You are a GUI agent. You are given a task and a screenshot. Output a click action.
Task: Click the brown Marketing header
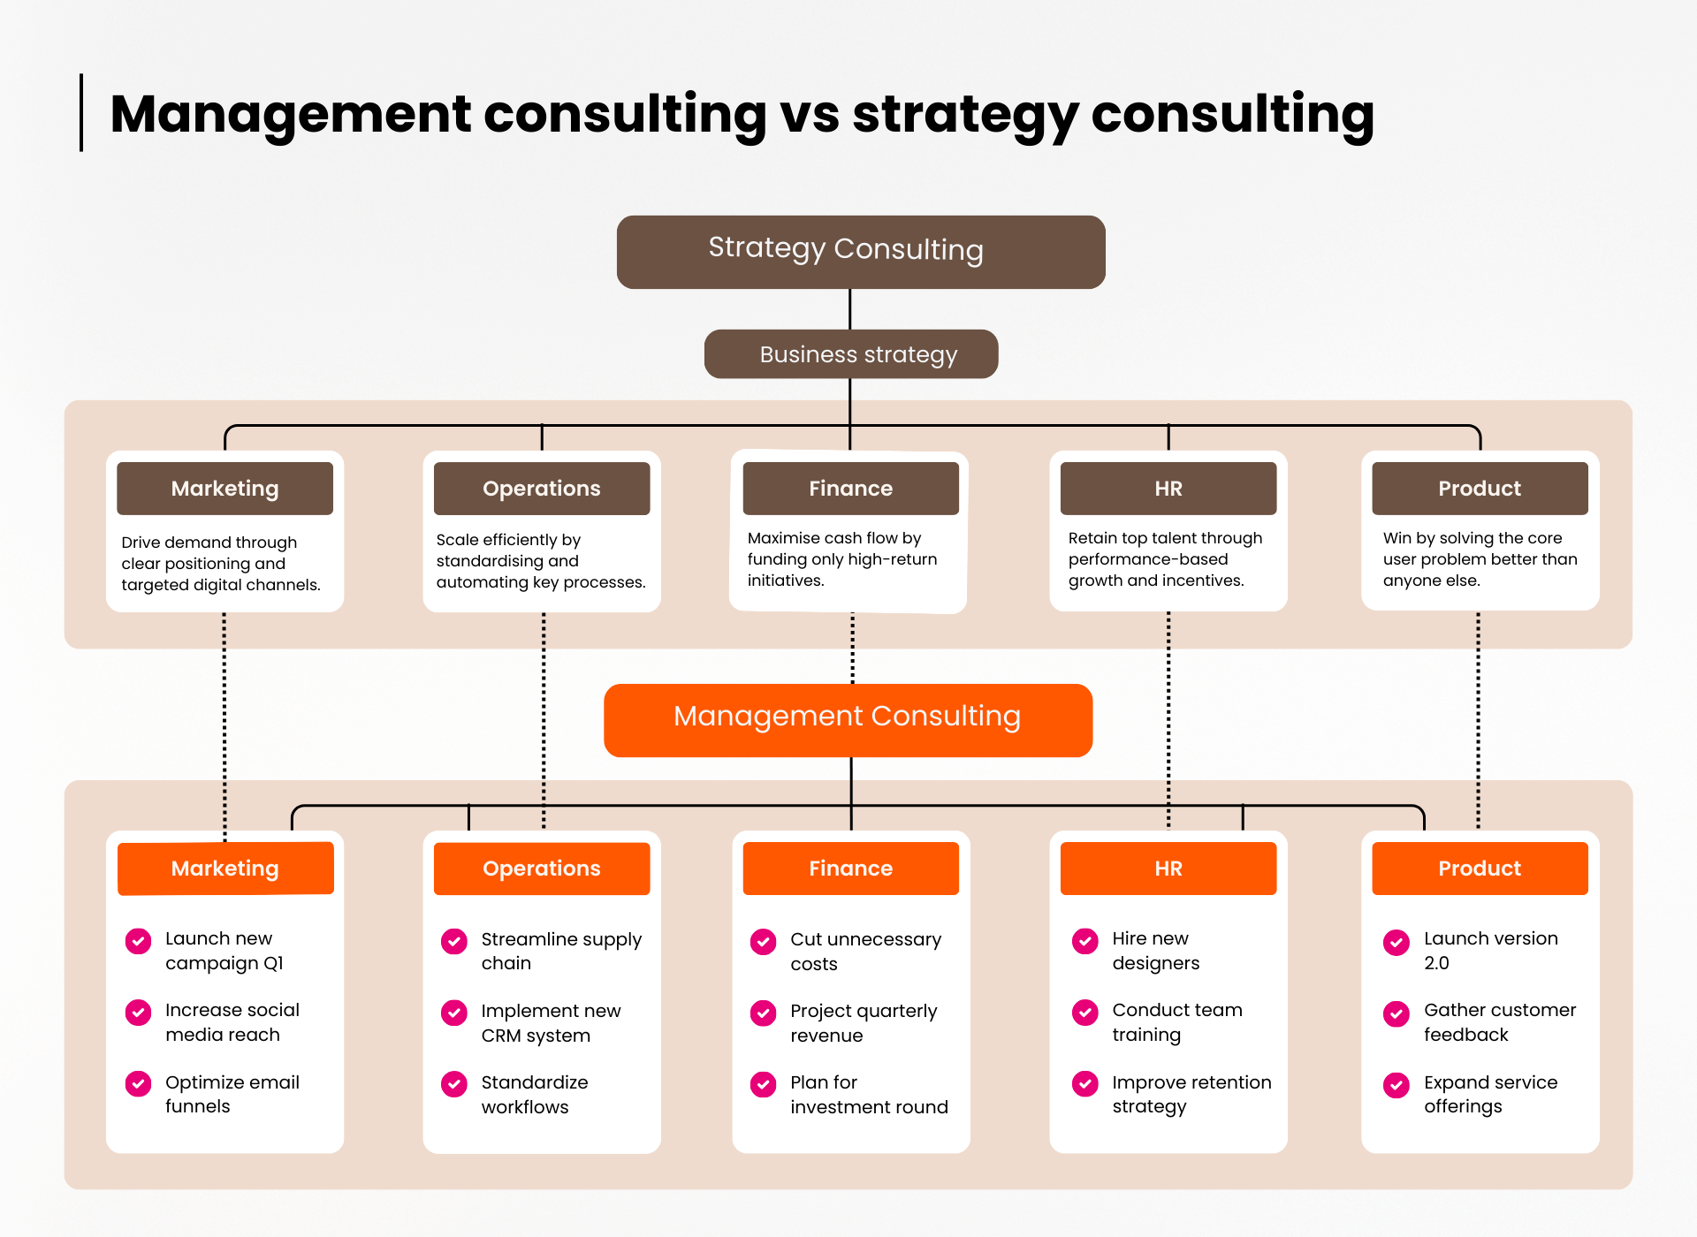tap(224, 489)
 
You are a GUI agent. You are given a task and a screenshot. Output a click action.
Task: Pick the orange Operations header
tap(541, 869)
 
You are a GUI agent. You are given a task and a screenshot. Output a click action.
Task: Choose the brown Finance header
tap(850, 489)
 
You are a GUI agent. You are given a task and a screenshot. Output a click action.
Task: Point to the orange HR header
tap(1168, 869)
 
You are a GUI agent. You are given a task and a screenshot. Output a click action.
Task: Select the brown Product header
tap(1479, 489)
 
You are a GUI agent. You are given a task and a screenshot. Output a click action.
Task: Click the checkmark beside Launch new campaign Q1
tap(138, 941)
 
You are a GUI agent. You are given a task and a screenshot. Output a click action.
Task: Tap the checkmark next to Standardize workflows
tap(454, 1084)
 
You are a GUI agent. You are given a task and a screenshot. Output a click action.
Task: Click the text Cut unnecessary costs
tap(864, 951)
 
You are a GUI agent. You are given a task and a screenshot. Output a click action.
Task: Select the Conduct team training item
tap(1176, 1021)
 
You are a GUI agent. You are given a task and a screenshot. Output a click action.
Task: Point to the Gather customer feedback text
tap(1499, 1021)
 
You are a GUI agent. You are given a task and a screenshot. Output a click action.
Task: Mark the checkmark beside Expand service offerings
tap(1396, 1085)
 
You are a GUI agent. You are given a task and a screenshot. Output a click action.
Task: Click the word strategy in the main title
tap(963, 115)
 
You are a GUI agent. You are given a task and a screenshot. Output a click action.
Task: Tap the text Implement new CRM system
tap(550, 1022)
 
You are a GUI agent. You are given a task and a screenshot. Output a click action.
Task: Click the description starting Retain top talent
tap(1164, 559)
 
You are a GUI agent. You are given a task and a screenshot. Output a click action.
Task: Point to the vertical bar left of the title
tap(81, 112)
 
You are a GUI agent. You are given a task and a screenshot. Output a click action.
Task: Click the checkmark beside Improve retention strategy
tap(1085, 1084)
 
